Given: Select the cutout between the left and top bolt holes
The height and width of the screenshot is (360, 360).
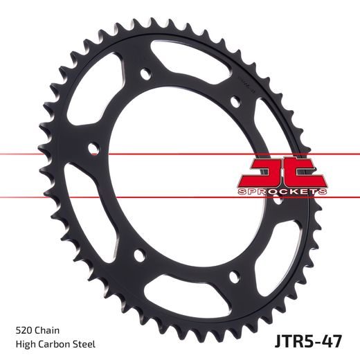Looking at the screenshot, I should pos(97,97).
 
